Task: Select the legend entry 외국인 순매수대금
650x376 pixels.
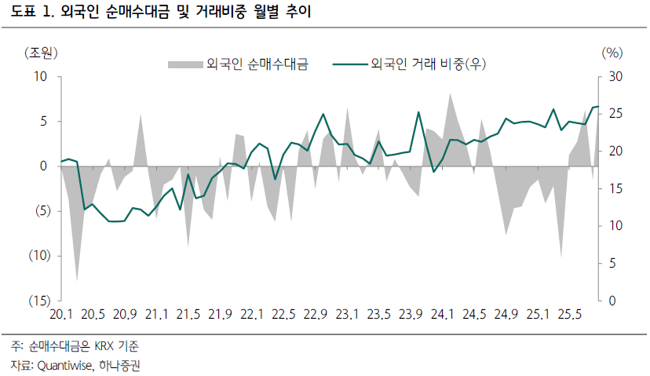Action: (256, 64)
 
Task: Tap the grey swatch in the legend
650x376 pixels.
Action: (184, 64)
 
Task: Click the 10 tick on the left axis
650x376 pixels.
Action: (41, 77)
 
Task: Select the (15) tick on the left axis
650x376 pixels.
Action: (37, 301)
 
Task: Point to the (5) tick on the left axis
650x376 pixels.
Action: (39, 211)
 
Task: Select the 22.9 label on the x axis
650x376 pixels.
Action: (314, 315)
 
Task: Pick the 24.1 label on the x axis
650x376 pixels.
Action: (441, 315)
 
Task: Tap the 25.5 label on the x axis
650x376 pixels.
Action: (568, 315)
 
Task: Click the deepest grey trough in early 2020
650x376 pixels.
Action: (77, 279)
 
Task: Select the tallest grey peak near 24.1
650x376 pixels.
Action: (450, 94)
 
